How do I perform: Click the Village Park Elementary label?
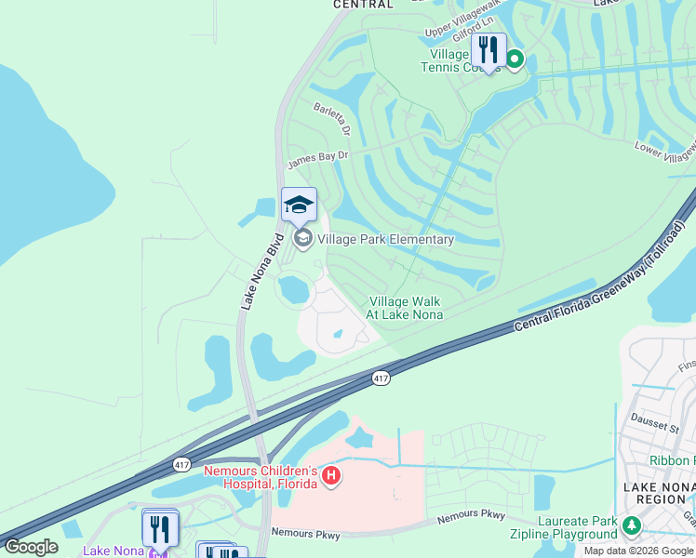[x=385, y=239]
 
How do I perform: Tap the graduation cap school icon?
[x=299, y=205]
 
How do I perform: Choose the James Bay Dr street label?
[x=317, y=160]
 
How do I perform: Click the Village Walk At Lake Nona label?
[x=405, y=308]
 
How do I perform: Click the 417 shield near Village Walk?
[x=381, y=378]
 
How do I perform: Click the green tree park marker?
[x=632, y=526]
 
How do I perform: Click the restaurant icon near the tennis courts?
[x=488, y=48]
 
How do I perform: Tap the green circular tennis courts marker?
[x=514, y=60]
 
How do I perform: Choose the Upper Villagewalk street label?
[x=463, y=31]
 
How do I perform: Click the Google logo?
[x=31, y=547]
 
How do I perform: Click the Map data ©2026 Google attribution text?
[x=638, y=551]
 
